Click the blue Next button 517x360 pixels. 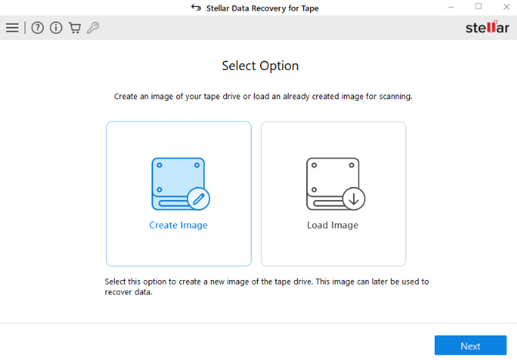click(470, 345)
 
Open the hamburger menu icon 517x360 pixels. click(12, 28)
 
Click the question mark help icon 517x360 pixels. click(38, 28)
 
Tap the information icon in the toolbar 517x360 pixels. click(56, 28)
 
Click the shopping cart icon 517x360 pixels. click(75, 28)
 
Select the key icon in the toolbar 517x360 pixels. click(93, 28)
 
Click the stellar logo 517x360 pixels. click(487, 28)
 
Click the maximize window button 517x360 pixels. click(478, 7)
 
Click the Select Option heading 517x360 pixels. click(260, 65)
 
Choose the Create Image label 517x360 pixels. click(178, 225)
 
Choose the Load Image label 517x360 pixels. click(333, 225)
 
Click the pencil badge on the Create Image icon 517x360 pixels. click(198, 198)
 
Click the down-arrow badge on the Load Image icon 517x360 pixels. click(354, 198)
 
